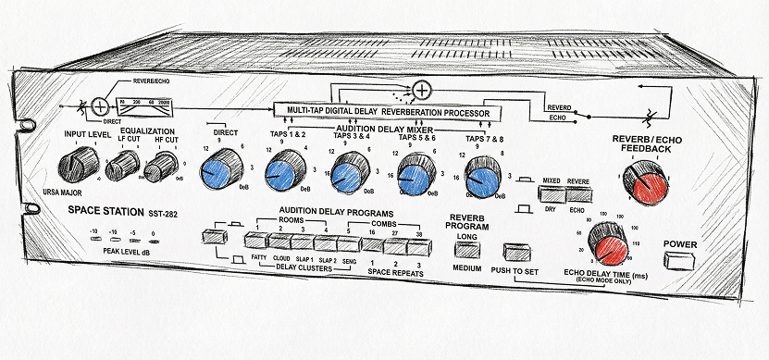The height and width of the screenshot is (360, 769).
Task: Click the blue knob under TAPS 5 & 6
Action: [413, 176]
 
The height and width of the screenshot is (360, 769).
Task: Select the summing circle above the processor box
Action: [421, 90]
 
